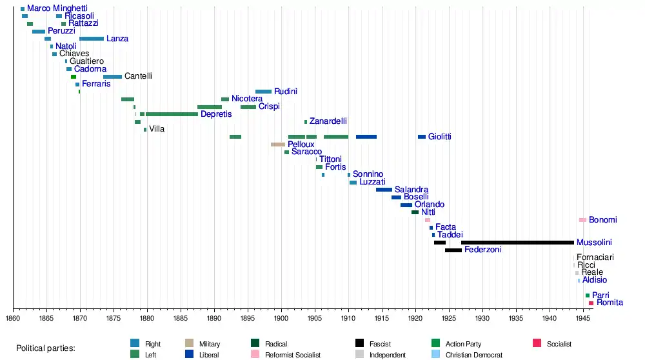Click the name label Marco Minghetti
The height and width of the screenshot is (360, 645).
[57, 8]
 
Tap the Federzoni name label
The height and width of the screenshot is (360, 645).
[483, 250]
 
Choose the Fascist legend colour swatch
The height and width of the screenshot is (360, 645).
[360, 344]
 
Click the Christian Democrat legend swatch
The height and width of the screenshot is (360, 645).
[435, 354]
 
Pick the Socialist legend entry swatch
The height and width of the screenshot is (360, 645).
[537, 344]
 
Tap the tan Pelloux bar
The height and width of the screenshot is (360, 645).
[278, 145]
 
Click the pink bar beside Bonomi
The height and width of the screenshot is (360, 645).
[582, 220]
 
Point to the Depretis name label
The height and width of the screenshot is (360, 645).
[216, 114]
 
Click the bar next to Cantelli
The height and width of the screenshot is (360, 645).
[112, 77]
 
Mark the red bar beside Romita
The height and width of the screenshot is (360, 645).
[591, 303]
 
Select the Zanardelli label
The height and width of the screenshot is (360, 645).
[328, 121]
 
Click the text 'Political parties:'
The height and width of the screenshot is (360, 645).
[46, 348]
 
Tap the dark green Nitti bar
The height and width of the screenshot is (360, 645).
[415, 212]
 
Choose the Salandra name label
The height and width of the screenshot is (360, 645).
[412, 190]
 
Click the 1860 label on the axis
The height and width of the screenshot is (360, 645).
[13, 317]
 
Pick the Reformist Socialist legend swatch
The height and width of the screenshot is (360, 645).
[255, 354]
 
